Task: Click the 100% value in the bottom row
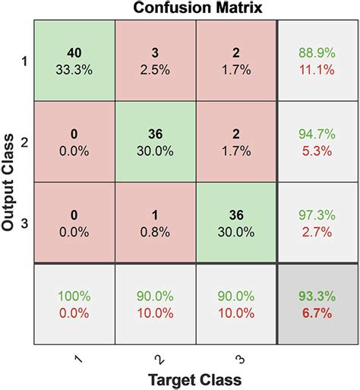[x=74, y=296]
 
